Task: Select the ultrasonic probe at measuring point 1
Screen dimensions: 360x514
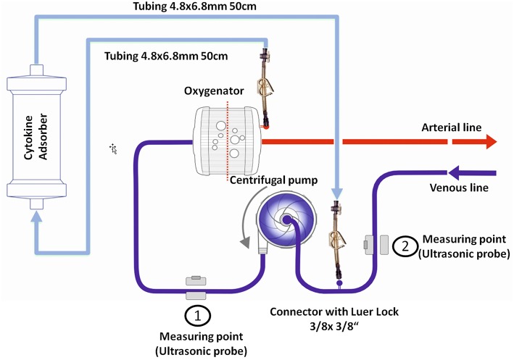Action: [196, 287]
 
